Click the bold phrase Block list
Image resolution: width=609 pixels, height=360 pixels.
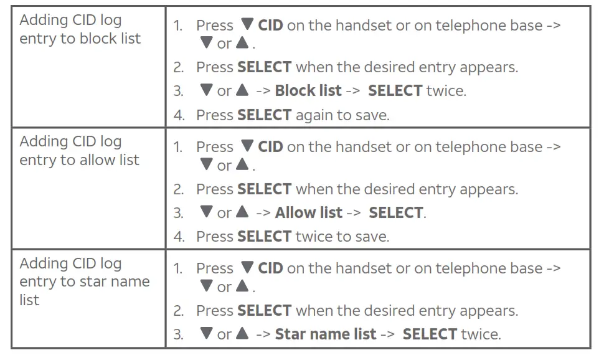click(x=308, y=91)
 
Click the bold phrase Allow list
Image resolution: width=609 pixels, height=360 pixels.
click(x=308, y=213)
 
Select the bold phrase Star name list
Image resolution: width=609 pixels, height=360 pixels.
click(x=325, y=334)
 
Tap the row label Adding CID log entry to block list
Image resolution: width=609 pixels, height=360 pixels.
click(x=80, y=29)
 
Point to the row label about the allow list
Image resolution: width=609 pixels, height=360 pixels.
click(x=79, y=151)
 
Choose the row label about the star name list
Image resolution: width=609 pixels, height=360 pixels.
click(x=84, y=282)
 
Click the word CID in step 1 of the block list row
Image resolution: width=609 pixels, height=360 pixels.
click(x=270, y=26)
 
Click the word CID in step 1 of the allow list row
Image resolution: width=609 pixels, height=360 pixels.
click(x=270, y=147)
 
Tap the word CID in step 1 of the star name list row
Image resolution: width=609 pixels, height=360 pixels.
click(x=270, y=268)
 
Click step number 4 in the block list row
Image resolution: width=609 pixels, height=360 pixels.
click(x=178, y=115)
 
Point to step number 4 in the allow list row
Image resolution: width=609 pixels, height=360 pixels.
click(x=178, y=237)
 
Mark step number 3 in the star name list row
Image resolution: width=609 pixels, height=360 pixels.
click(x=178, y=334)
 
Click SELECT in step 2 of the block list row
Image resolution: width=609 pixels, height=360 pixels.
click(x=264, y=67)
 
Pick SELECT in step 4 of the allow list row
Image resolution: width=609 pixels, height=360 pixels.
click(x=264, y=237)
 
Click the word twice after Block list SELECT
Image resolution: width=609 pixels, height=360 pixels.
click(x=446, y=91)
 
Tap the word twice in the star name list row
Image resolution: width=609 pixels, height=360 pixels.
click(x=480, y=334)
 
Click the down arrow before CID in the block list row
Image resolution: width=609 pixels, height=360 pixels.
click(x=247, y=25)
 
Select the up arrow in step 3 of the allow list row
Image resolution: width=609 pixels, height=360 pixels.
click(x=242, y=212)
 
